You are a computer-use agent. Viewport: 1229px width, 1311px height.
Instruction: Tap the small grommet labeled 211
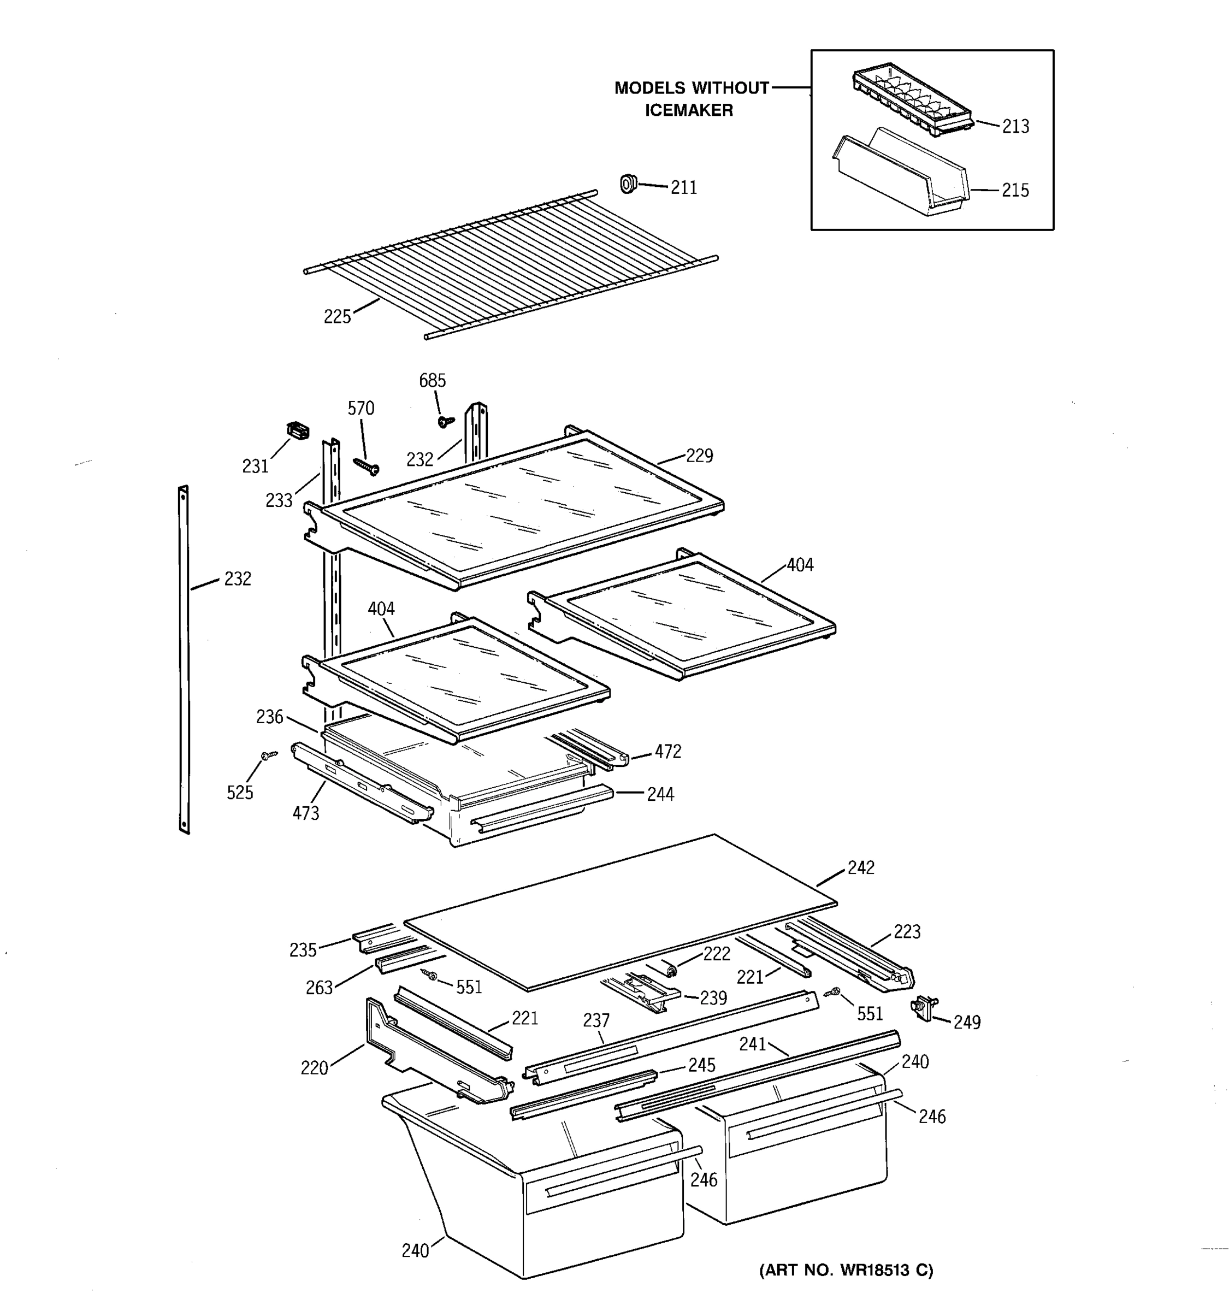click(x=628, y=184)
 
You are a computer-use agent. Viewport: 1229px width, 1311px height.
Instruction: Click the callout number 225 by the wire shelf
click(x=337, y=317)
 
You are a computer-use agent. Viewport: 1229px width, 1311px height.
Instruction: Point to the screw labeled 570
click(x=366, y=466)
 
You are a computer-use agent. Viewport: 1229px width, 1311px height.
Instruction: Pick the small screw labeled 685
click(x=446, y=420)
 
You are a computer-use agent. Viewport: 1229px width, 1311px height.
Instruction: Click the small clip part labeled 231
click(x=298, y=430)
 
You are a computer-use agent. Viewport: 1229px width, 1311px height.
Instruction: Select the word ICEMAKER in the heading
click(x=688, y=110)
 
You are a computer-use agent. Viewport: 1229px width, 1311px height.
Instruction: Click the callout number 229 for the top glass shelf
click(x=699, y=456)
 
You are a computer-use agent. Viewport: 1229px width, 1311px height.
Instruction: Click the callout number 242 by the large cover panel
click(x=860, y=868)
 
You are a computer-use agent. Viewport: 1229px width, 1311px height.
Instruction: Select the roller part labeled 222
click(x=671, y=968)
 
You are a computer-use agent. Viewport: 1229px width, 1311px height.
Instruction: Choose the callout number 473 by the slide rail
click(x=305, y=813)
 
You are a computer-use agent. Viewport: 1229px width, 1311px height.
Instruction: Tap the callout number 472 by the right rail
click(x=667, y=752)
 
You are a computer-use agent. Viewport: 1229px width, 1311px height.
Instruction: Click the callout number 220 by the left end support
click(x=314, y=1068)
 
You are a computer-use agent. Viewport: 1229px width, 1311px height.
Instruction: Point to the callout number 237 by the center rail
click(x=596, y=1021)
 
